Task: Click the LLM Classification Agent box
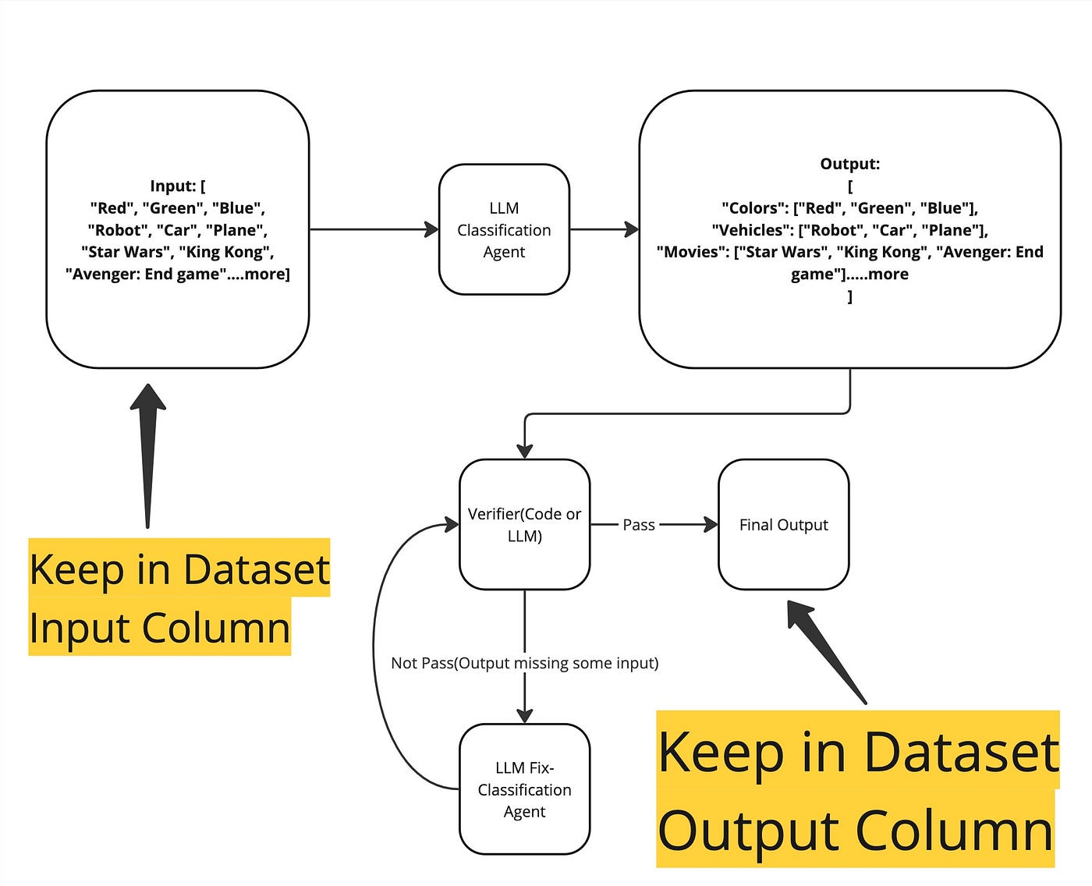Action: pyautogui.click(x=504, y=229)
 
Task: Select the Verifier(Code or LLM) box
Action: pyautogui.click(x=524, y=524)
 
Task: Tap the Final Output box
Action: pyautogui.click(x=783, y=524)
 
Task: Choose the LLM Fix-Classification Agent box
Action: pyautogui.click(x=524, y=789)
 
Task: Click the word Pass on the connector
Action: pyautogui.click(x=638, y=525)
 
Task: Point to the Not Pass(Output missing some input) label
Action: pyautogui.click(x=524, y=663)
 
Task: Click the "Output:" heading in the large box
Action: pyautogui.click(x=849, y=164)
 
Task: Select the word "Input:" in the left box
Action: pyautogui.click(x=172, y=186)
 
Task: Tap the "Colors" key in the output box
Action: pyautogui.click(x=753, y=208)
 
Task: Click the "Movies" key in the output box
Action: pyautogui.click(x=692, y=252)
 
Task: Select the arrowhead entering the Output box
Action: pyautogui.click(x=631, y=229)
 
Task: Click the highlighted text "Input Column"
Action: pyautogui.click(x=160, y=627)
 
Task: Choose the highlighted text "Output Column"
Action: pyautogui.click(x=856, y=830)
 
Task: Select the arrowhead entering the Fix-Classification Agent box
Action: pyautogui.click(x=525, y=714)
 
